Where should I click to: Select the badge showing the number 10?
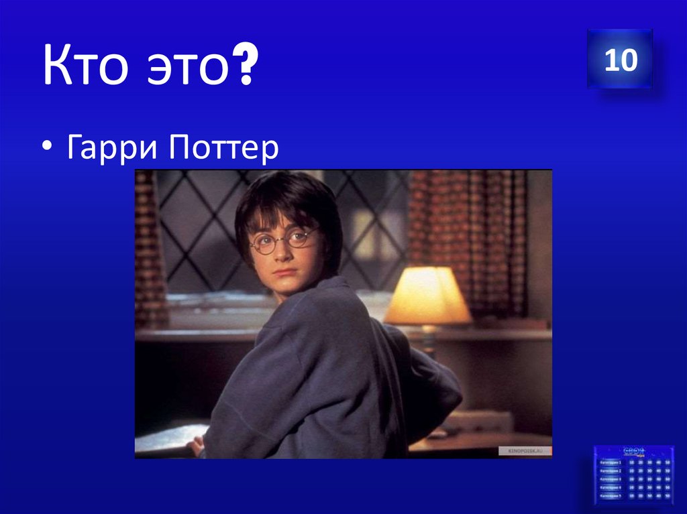pos(620,60)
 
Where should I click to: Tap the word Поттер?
pos(224,149)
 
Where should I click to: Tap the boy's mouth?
pos(284,271)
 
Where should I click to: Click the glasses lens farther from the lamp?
pos(262,243)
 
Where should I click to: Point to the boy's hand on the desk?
pos(195,446)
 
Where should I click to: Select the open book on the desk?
pos(164,439)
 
